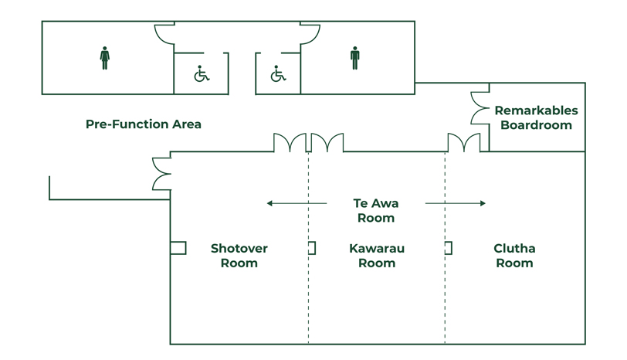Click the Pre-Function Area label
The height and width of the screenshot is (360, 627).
pyautogui.click(x=143, y=124)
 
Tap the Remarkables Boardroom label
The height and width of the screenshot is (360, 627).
pyautogui.click(x=536, y=117)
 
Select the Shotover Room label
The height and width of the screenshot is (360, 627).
pyautogui.click(x=239, y=256)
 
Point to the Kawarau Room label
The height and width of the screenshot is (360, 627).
pyautogui.click(x=377, y=256)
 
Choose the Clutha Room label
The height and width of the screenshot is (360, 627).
pyautogui.click(x=514, y=256)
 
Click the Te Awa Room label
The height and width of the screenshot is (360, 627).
pyautogui.click(x=375, y=210)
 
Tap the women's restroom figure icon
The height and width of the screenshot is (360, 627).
pyautogui.click(x=105, y=58)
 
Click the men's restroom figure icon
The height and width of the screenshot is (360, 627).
pyautogui.click(x=355, y=58)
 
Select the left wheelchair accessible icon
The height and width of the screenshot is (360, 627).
pyautogui.click(x=202, y=74)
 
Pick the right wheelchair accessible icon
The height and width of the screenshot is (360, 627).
pyautogui.click(x=278, y=74)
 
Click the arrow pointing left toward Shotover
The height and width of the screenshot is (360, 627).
pyautogui.click(x=297, y=203)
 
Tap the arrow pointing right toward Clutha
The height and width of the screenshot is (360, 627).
pyautogui.click(x=456, y=203)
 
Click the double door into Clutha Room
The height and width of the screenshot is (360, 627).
pyautogui.click(x=463, y=143)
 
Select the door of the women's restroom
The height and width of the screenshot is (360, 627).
pyautogui.click(x=164, y=34)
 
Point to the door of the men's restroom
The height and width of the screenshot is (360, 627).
pyautogui.click(x=310, y=34)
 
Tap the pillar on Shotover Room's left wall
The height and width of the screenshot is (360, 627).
pyautogui.click(x=178, y=248)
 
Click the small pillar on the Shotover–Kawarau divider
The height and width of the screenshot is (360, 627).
pyautogui.click(x=312, y=248)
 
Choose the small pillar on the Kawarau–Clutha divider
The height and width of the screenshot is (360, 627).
pyautogui.click(x=449, y=248)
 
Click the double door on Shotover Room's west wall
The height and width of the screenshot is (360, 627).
pyautogui.click(x=161, y=174)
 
